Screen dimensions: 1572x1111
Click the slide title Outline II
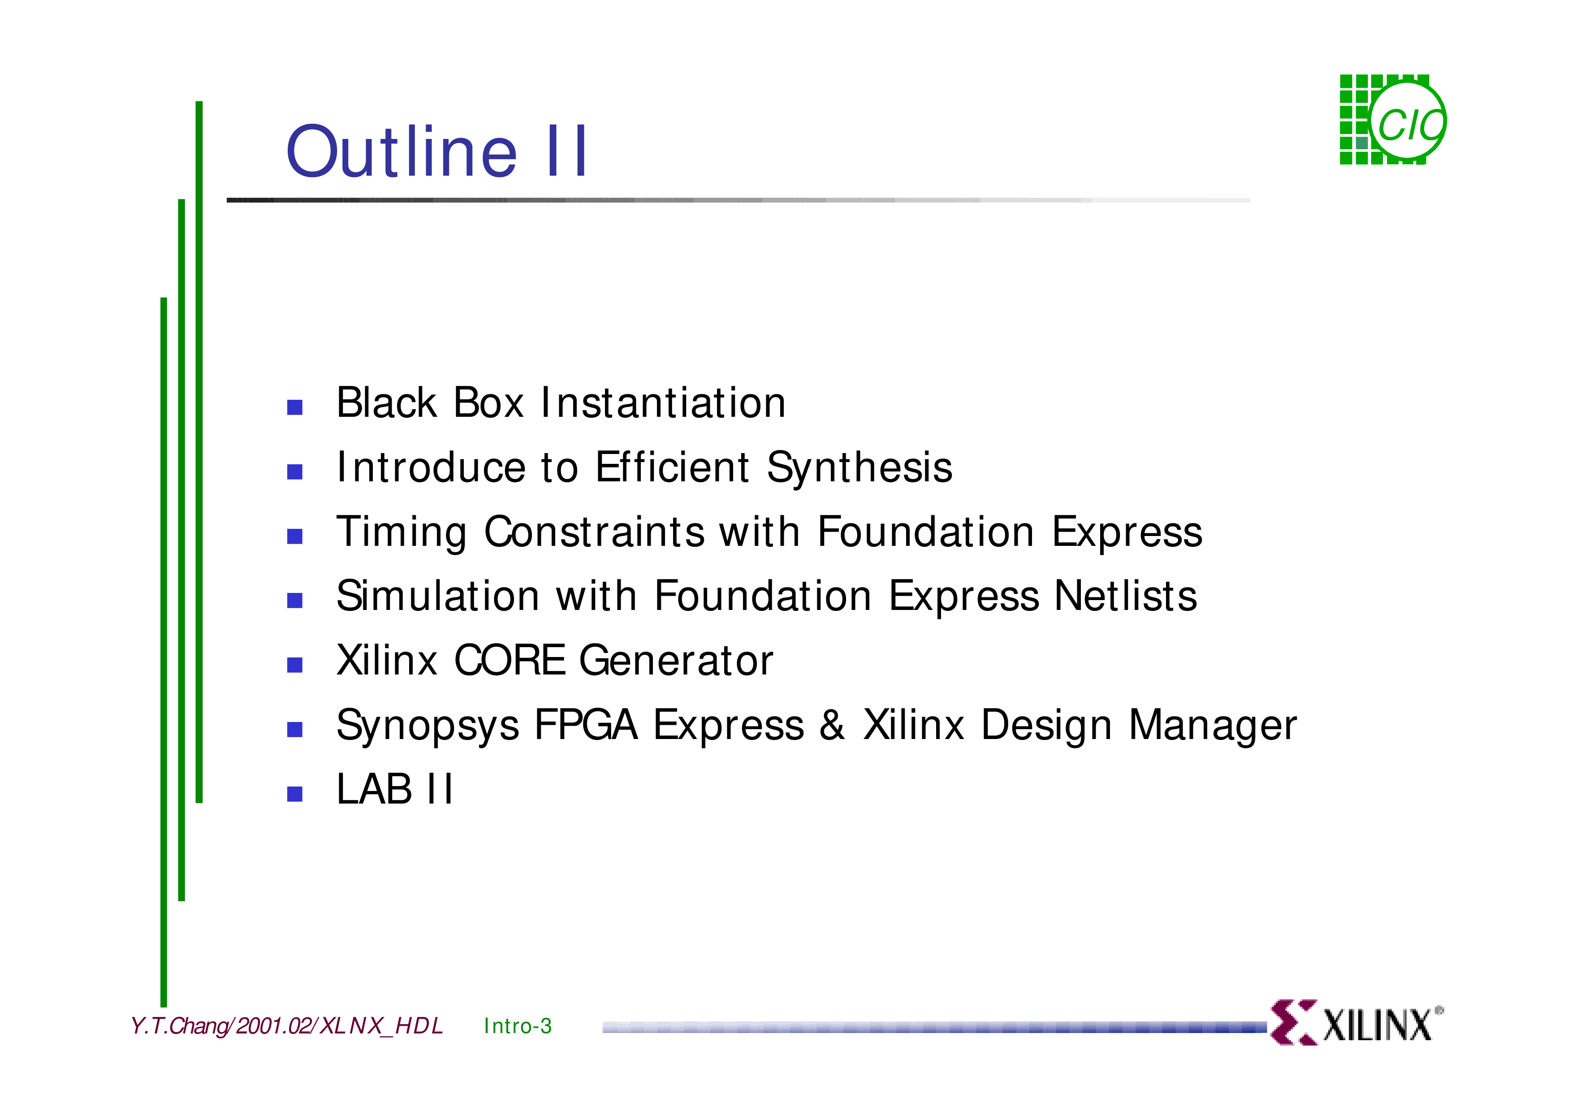[x=436, y=151]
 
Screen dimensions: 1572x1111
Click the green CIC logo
[x=1393, y=120]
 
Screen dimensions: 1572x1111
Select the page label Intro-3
[x=518, y=1026]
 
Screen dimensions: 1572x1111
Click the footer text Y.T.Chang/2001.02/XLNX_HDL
[x=286, y=1026]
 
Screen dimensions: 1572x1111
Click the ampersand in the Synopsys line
[x=832, y=725]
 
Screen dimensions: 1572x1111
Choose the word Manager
[x=1213, y=726]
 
